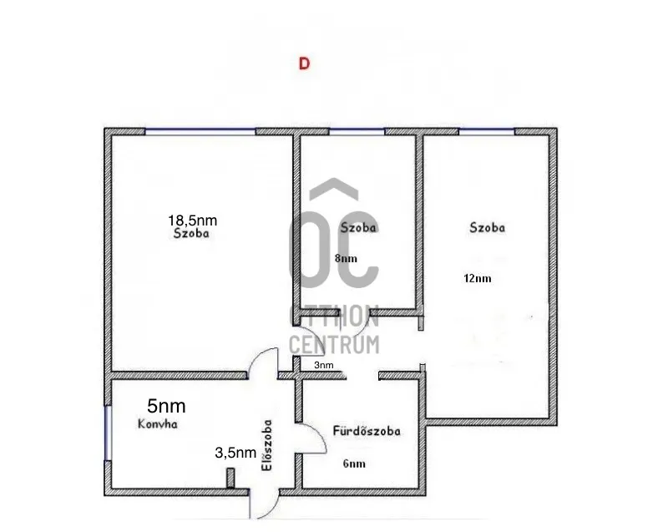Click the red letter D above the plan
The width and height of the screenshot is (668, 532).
[304, 63]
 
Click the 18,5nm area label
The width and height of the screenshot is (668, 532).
[193, 220]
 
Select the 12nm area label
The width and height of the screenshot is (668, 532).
[477, 278]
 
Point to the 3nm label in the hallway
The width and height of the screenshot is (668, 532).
[323, 365]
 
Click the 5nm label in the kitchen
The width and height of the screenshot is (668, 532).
[166, 406]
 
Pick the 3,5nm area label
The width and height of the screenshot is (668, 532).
[235, 453]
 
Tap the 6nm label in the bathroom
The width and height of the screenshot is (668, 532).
[354, 464]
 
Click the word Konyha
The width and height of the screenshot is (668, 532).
[159, 424]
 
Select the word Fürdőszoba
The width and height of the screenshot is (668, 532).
[367, 432]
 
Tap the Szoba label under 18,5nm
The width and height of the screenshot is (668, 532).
[191, 235]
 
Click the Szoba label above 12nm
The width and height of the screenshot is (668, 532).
[488, 226]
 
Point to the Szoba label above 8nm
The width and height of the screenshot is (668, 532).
[359, 228]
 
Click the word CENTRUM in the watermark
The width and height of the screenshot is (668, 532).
[334, 342]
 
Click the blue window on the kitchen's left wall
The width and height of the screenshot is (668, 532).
[107, 432]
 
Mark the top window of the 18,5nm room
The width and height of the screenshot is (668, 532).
[200, 131]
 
